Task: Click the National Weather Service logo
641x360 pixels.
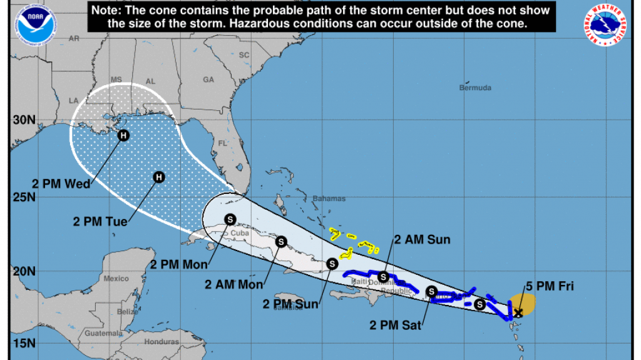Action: pyautogui.click(x=605, y=25)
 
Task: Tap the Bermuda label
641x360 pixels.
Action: pyautogui.click(x=475, y=88)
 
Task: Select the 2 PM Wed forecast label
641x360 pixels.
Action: pyautogui.click(x=61, y=183)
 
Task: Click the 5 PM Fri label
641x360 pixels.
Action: pyautogui.click(x=550, y=287)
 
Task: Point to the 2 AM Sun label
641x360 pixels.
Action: pyautogui.click(x=422, y=240)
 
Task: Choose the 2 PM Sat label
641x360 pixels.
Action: pyautogui.click(x=397, y=325)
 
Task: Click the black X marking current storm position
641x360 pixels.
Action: pyautogui.click(x=518, y=312)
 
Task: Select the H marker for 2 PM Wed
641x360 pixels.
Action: pyautogui.click(x=124, y=135)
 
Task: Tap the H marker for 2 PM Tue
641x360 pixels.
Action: pyautogui.click(x=159, y=177)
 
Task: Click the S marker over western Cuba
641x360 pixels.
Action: pyautogui.click(x=230, y=219)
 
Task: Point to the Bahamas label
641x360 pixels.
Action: pyautogui.click(x=329, y=199)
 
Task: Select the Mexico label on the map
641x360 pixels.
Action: pyautogui.click(x=116, y=278)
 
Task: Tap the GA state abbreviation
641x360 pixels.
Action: pyautogui.click(x=208, y=80)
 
